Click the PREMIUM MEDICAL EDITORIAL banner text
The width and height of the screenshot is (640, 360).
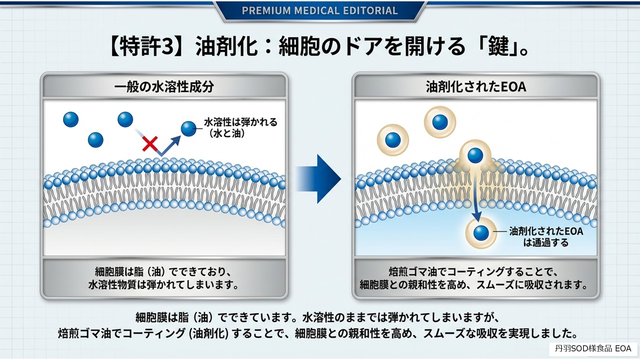320,11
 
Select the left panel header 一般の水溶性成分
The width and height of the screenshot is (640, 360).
164,87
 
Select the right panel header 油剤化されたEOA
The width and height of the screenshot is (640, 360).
476,87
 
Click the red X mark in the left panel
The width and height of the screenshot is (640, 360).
150,144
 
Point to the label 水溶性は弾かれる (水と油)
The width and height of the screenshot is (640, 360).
240,128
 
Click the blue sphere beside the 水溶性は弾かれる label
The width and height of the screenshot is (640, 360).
189,129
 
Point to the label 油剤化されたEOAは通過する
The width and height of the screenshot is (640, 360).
546,237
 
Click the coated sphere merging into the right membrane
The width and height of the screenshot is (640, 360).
475,155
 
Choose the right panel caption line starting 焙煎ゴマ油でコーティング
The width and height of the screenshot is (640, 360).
473,272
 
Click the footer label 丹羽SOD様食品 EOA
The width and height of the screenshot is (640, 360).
593,349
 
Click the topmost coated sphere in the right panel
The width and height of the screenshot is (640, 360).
440,122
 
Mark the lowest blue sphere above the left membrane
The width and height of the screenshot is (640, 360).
96,140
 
